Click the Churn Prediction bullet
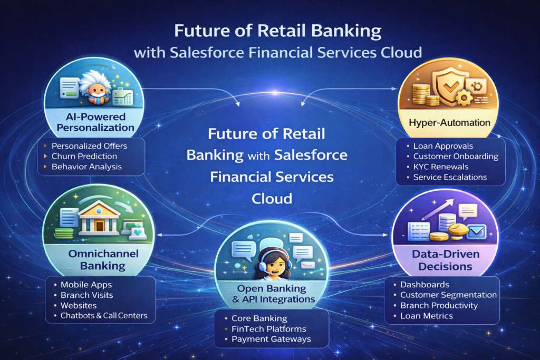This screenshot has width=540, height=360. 84,156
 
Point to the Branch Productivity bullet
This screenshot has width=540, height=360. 439,305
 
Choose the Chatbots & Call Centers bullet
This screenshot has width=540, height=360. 104,316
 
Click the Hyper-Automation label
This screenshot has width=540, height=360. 450,123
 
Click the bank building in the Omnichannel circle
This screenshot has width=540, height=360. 99,217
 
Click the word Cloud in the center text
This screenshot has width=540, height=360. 272,199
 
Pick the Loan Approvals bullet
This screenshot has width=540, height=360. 443,146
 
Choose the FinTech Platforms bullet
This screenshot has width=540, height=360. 269,329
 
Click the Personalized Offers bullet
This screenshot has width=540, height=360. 90,145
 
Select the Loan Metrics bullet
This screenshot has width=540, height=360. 427,316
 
